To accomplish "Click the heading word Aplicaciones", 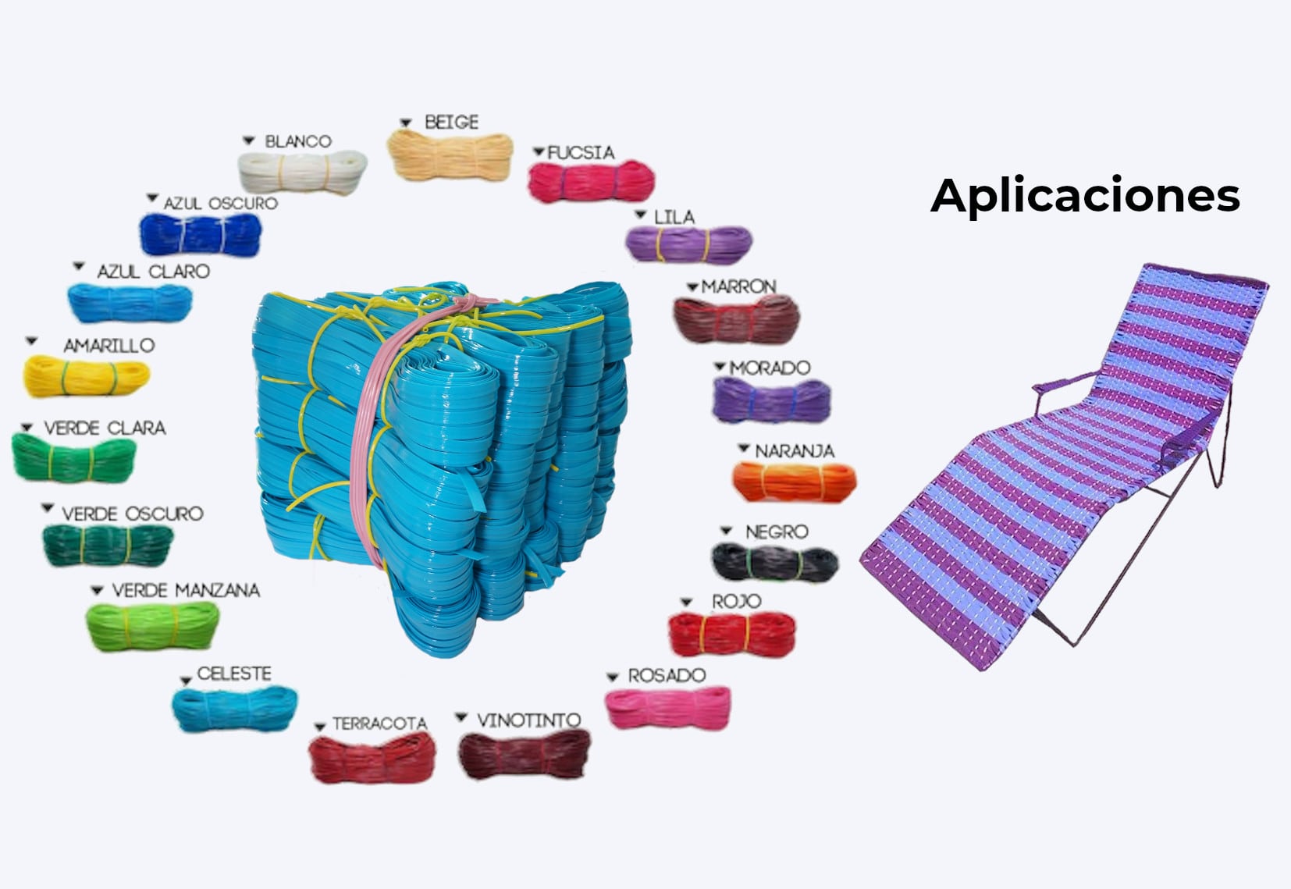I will pyautogui.click(x=1085, y=195).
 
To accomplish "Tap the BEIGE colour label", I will pyautogui.click(x=451, y=123).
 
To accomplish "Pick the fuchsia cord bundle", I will pyautogui.click(x=591, y=182).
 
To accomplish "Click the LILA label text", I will pyautogui.click(x=674, y=217).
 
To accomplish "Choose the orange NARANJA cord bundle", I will pyautogui.click(x=793, y=482).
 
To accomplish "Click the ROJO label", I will pyautogui.click(x=736, y=601).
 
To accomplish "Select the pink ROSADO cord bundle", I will pyautogui.click(x=668, y=707).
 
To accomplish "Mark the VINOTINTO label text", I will pyautogui.click(x=528, y=720).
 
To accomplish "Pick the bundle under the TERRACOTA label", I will pyautogui.click(x=372, y=758).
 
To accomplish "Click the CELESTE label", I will pyautogui.click(x=234, y=674).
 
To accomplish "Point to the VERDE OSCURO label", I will pyautogui.click(x=132, y=514).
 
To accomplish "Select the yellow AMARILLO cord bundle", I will pyautogui.click(x=86, y=376).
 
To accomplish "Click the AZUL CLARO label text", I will pyautogui.click(x=153, y=272).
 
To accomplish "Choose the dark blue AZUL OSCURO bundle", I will pyautogui.click(x=201, y=233).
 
